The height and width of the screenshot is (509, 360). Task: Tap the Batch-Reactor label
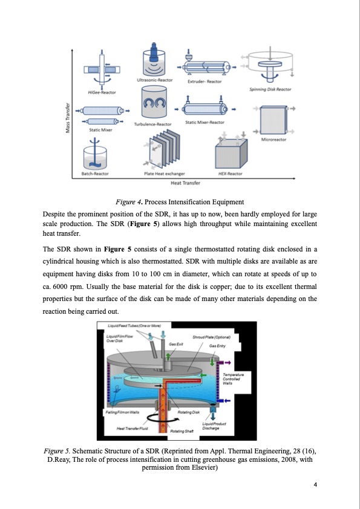point(95,173)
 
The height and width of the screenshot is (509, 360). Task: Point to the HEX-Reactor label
point(230,173)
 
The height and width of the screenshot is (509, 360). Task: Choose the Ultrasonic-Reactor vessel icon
point(155,60)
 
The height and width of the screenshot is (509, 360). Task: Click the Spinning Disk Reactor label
point(270,89)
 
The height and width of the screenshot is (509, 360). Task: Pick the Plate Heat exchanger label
point(164,173)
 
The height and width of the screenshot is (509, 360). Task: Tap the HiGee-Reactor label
point(102,92)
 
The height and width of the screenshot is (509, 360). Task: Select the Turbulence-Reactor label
point(153,124)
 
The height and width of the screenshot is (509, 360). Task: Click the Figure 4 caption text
point(180,201)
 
